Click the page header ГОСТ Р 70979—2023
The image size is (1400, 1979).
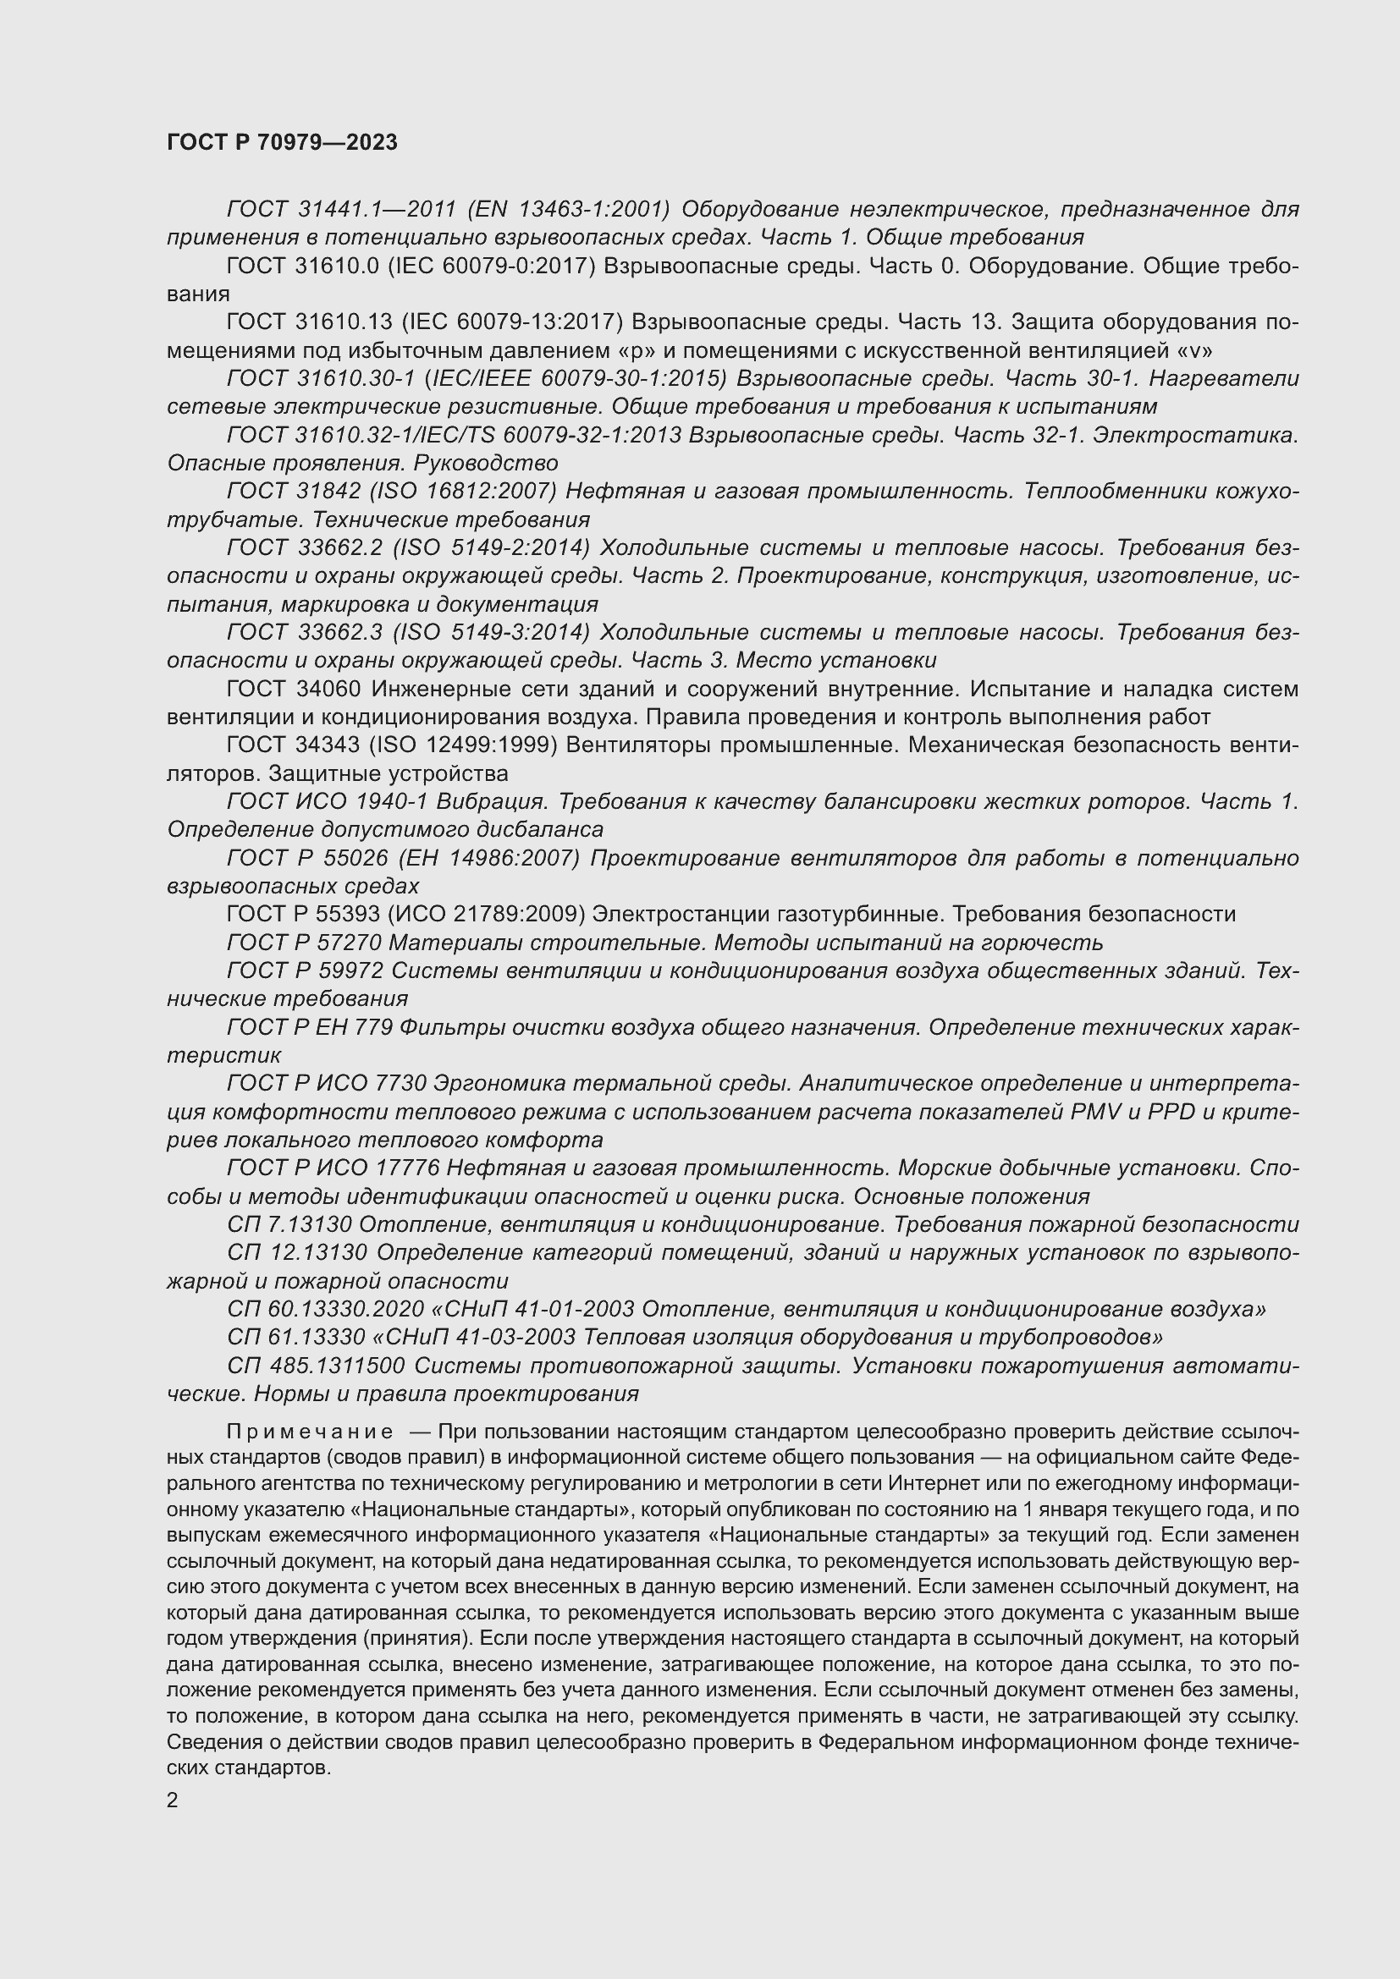282,142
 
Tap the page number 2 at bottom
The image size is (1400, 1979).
173,1800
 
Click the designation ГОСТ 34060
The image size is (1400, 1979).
291,689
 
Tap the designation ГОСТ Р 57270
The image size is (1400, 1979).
305,942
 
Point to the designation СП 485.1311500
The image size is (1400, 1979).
315,1366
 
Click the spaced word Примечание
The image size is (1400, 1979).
310,1432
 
